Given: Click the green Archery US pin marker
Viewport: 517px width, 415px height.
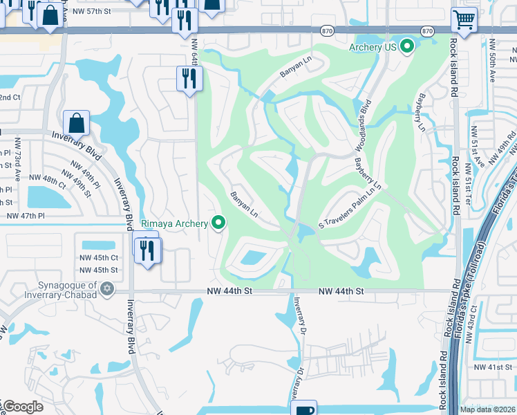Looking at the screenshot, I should click(407, 47).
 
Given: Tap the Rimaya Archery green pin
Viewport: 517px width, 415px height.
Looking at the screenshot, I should click(219, 223).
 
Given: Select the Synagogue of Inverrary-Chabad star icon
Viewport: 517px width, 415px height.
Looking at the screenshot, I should click(106, 288).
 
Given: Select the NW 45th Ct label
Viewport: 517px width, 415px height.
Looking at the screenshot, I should click(100, 257).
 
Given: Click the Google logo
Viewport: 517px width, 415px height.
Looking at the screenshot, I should click(23, 407).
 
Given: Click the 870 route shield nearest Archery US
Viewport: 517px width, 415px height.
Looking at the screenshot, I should click(427, 31).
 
